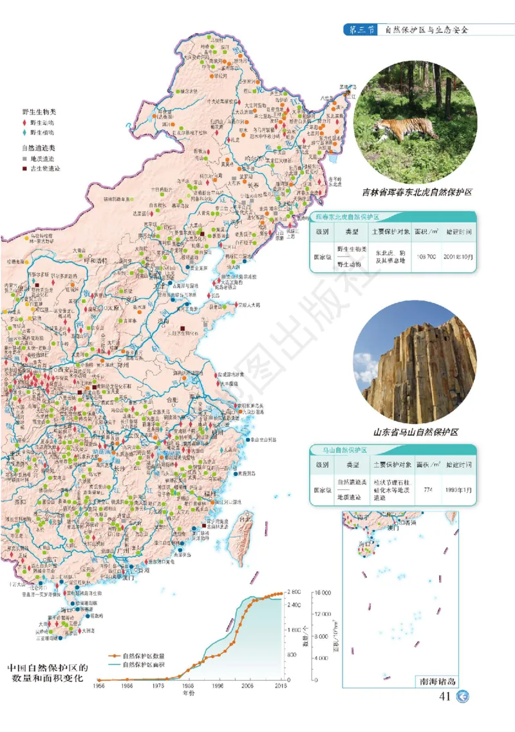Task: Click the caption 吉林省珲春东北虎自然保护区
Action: click(417, 192)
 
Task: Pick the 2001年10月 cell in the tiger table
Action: click(458, 256)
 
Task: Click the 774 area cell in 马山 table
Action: click(427, 490)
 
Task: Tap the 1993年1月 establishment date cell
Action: click(458, 490)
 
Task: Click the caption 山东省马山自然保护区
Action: click(415, 432)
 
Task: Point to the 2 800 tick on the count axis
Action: click(293, 592)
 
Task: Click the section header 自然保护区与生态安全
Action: click(426, 30)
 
